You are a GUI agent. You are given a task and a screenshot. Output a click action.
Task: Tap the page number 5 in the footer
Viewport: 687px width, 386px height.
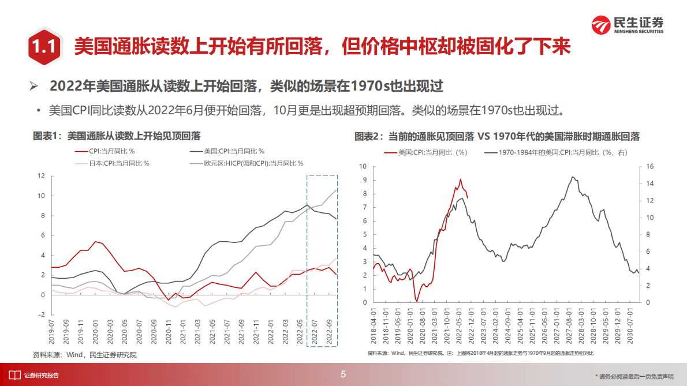pos(343,374)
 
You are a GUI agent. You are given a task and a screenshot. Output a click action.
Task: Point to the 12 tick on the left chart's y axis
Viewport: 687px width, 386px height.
pos(41,175)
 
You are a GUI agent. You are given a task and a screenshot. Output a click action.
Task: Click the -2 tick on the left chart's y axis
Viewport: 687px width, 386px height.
pos(41,314)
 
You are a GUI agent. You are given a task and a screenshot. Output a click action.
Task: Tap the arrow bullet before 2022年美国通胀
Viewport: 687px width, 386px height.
pos(34,87)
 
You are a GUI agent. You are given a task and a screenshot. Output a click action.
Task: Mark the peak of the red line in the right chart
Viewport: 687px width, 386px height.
pos(460,179)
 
